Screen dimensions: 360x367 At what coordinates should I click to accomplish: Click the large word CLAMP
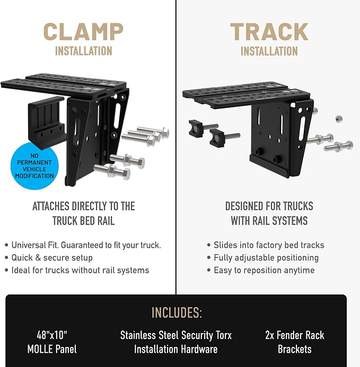[x=83, y=32]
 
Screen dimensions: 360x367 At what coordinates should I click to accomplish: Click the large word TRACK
[x=269, y=32]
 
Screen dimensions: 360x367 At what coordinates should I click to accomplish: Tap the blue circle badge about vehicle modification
[x=34, y=166]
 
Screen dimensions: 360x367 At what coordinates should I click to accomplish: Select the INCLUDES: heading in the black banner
[x=177, y=312]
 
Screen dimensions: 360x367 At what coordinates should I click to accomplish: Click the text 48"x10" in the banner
[x=52, y=335]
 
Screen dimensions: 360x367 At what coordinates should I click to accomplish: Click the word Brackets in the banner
[x=295, y=349]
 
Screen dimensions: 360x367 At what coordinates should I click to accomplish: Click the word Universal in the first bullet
[x=29, y=245]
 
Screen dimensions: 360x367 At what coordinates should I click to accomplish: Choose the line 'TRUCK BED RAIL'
[x=83, y=221]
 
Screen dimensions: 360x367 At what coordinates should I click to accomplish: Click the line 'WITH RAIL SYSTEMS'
[x=269, y=221]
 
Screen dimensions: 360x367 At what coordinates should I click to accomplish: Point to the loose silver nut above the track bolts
[x=339, y=119]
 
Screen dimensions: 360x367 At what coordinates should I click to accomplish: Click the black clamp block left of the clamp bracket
[x=47, y=122]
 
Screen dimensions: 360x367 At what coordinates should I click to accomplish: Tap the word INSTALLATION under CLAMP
[x=84, y=51]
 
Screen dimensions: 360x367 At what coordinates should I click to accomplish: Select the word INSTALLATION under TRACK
[x=269, y=51]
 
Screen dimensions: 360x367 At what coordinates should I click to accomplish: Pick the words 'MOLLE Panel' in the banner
[x=52, y=349]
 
